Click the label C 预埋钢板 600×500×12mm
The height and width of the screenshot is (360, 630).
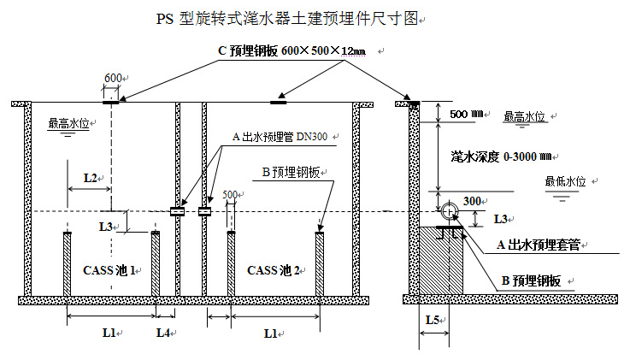click(x=291, y=51)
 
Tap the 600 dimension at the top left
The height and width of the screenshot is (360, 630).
click(x=112, y=79)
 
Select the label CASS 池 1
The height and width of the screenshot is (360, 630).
click(x=110, y=270)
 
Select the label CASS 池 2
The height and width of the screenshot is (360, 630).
click(x=274, y=270)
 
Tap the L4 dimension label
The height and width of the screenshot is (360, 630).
click(x=163, y=332)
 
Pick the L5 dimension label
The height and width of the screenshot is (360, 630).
click(x=433, y=321)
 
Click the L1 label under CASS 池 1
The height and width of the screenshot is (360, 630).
click(x=109, y=332)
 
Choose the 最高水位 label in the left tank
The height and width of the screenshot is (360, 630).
click(x=68, y=123)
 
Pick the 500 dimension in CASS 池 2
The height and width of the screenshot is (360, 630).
click(x=229, y=194)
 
